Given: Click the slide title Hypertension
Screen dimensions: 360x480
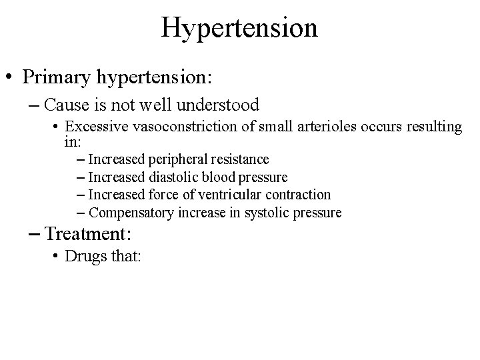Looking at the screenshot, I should (x=239, y=27).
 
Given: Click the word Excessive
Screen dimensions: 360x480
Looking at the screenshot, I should (x=93, y=127).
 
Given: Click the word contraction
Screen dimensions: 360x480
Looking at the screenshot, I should (x=298, y=195).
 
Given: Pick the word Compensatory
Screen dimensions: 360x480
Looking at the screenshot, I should (x=131, y=213).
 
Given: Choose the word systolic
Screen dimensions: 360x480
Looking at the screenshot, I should (x=264, y=213).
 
